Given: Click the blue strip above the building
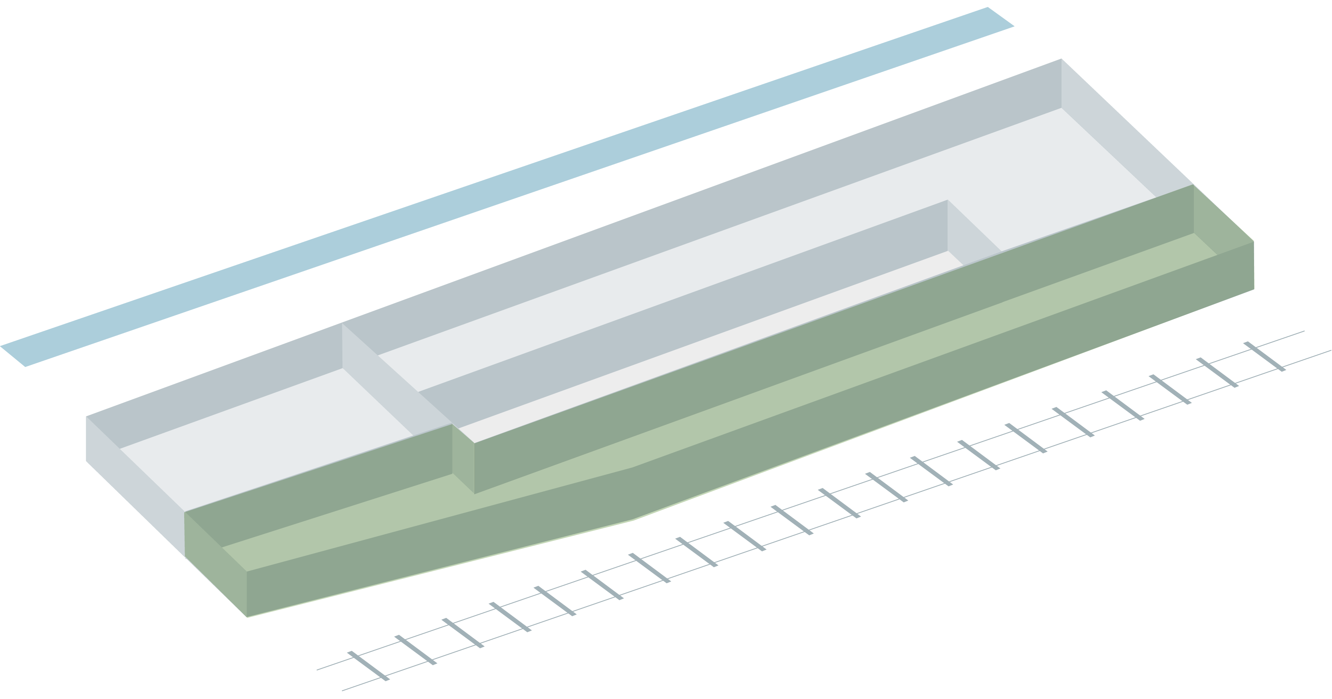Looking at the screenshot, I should tap(507, 186).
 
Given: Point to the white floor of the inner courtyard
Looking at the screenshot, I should tap(698, 351).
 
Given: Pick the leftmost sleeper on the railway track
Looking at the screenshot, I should tap(368, 666).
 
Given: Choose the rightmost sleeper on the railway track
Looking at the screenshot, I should tap(1264, 356).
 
